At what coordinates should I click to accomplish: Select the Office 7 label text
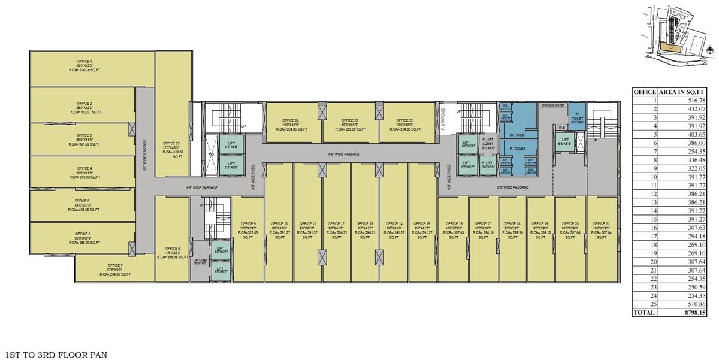115,265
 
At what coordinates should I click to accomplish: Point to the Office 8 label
172,248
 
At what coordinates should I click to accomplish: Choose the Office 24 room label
293,120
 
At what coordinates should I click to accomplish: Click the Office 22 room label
405,120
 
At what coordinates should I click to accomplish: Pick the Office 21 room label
602,223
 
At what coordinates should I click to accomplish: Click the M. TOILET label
517,135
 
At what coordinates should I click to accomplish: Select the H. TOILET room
576,115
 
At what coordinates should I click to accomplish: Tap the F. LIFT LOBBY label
487,144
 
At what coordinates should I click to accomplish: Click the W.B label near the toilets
562,127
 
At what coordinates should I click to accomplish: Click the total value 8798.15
684,312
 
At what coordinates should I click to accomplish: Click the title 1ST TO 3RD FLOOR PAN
56,355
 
